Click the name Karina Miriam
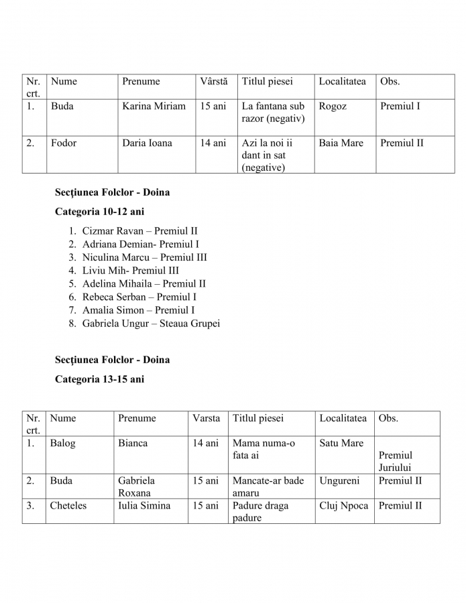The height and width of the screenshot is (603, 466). click(x=154, y=107)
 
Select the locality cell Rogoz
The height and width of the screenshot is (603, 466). click(x=333, y=107)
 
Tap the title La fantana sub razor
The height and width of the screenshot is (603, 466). click(x=273, y=113)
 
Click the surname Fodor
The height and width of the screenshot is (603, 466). click(x=63, y=143)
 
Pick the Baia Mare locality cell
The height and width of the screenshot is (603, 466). click(x=341, y=143)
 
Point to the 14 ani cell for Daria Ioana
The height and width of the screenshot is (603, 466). click(x=213, y=143)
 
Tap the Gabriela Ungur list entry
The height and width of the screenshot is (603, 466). click(x=151, y=324)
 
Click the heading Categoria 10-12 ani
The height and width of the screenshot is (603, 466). click(x=99, y=212)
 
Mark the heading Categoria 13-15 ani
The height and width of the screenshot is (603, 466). click(x=99, y=379)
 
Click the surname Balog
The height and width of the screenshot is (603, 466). click(x=62, y=444)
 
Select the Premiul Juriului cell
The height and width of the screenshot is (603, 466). click(x=396, y=462)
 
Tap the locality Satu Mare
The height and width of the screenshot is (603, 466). click(x=341, y=444)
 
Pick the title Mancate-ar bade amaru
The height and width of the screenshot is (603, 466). click(x=268, y=486)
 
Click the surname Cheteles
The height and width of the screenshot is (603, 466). click(x=68, y=506)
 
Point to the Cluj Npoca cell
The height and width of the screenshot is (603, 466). click(x=343, y=506)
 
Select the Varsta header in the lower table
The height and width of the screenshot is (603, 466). click(x=206, y=419)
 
